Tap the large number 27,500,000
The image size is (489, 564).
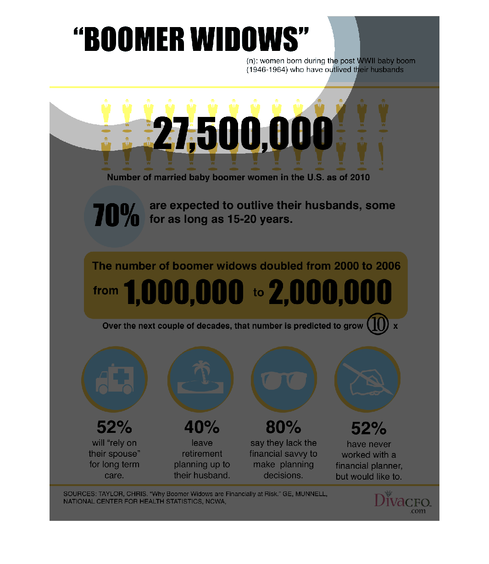click(x=243, y=134)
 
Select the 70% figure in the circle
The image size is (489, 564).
click(x=116, y=216)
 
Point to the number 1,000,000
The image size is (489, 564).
click(x=183, y=293)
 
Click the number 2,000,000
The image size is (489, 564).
click(x=330, y=293)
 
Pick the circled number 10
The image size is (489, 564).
click(x=378, y=325)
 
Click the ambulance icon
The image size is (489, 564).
click(x=115, y=380)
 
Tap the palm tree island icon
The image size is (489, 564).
click(x=201, y=379)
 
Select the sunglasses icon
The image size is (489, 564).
click(x=284, y=380)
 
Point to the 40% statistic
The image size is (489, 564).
click(x=202, y=427)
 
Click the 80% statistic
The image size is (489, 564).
click(x=283, y=427)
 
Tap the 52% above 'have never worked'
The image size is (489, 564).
click(x=369, y=429)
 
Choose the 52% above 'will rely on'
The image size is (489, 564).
click(x=114, y=427)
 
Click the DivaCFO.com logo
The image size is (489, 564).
click(x=402, y=503)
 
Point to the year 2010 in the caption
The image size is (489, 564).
click(x=360, y=177)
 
